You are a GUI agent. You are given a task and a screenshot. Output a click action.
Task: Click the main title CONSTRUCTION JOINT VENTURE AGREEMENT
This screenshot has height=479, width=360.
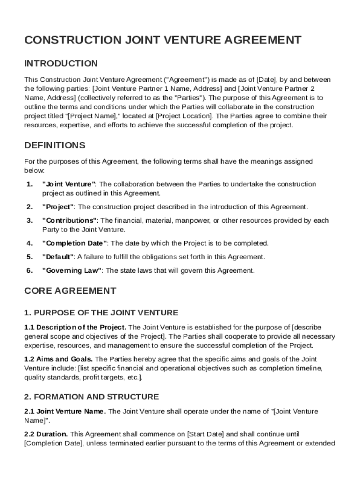(x=163, y=40)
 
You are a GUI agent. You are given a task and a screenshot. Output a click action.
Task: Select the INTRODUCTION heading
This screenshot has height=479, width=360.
(x=61, y=63)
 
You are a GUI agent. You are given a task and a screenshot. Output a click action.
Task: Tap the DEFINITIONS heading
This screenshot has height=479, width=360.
(x=55, y=145)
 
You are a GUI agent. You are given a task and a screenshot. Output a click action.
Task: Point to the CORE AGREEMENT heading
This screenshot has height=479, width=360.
(x=70, y=290)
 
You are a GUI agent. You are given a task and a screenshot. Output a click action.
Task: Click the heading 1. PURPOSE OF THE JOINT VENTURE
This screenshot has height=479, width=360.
(x=101, y=312)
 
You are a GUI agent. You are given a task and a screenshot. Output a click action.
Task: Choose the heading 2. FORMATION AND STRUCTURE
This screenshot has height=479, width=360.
(x=91, y=397)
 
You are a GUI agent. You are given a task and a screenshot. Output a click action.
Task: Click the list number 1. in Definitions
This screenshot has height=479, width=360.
(x=29, y=184)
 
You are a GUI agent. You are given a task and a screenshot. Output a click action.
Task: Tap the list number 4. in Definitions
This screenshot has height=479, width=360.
(x=29, y=243)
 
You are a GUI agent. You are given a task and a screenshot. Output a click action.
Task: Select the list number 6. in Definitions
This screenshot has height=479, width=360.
(x=29, y=270)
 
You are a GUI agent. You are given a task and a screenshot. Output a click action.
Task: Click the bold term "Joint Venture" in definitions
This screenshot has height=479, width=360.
(x=69, y=184)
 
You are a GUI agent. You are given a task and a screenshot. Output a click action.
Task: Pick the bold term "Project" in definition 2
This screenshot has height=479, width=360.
(x=58, y=207)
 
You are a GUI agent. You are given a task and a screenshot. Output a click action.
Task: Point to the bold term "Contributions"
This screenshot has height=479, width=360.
(x=70, y=220)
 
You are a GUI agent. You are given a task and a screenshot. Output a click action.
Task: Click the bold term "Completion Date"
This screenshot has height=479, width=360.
(x=75, y=243)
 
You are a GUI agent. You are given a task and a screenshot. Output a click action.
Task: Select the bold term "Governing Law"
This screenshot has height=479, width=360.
(x=72, y=270)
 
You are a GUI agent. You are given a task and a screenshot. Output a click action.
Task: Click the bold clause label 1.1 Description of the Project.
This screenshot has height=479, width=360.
(x=75, y=327)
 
